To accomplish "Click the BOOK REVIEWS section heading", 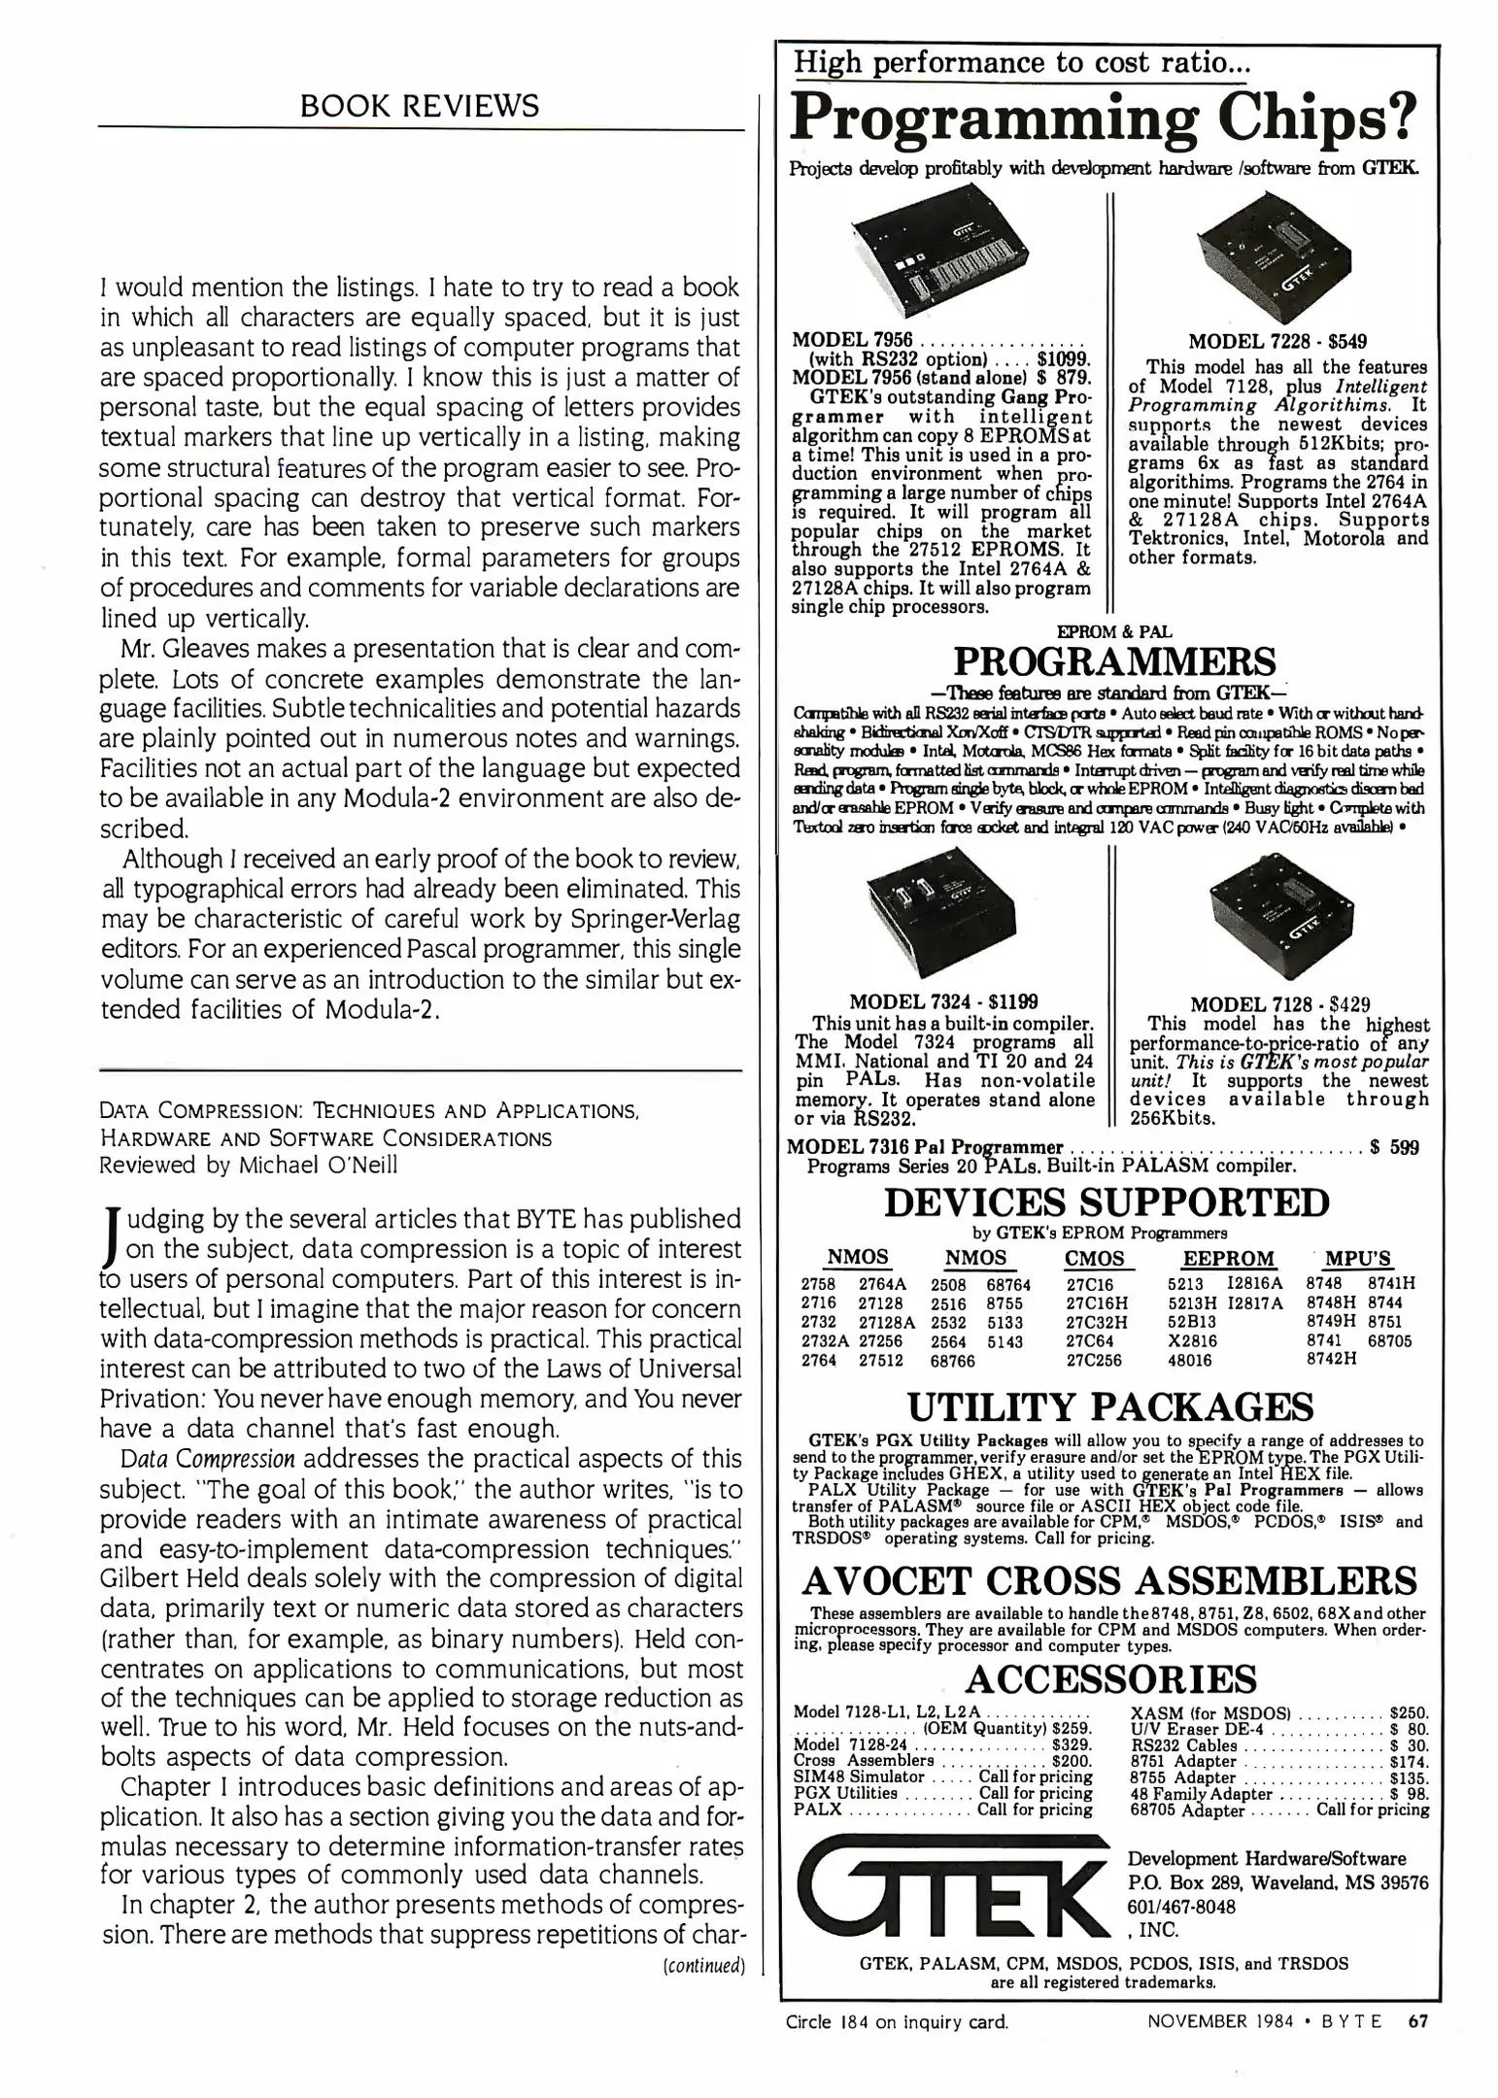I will pyautogui.click(x=420, y=105).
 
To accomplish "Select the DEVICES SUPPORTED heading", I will pyautogui.click(x=1106, y=1201).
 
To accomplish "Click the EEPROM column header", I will pyautogui.click(x=1227, y=1259).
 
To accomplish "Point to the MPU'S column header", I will pyautogui.click(x=1357, y=1259).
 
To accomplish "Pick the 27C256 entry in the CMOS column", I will pyautogui.click(x=1093, y=1361).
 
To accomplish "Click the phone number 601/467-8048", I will pyautogui.click(x=1181, y=1907).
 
